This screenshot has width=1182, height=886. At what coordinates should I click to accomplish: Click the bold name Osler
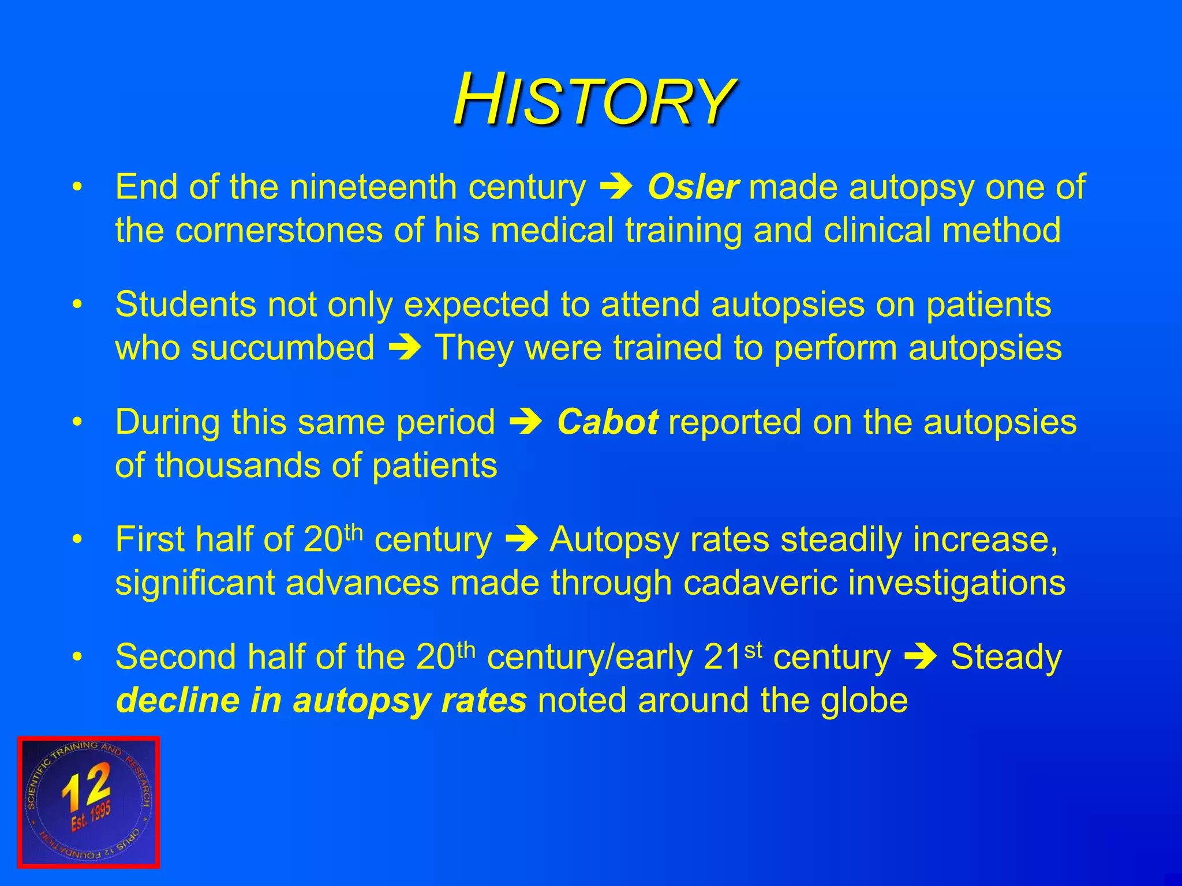[x=693, y=187]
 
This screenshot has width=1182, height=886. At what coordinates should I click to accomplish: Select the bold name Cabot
[x=607, y=422]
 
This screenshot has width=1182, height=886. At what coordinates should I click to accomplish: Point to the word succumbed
[x=283, y=348]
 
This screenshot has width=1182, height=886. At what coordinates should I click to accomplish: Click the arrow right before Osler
[x=616, y=187]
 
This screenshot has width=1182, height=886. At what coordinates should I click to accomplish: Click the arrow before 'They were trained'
[x=405, y=348]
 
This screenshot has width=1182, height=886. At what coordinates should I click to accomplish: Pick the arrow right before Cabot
[x=526, y=422]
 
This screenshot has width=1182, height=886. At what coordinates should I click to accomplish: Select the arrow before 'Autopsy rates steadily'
[x=521, y=540]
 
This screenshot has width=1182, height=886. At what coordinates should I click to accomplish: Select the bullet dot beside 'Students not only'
[x=77, y=305]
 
